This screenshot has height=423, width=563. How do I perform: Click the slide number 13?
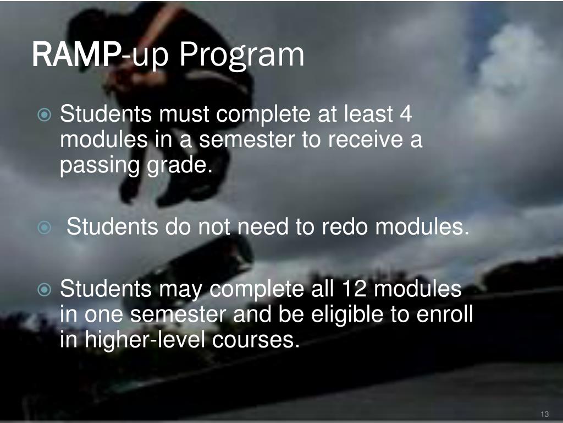[x=545, y=414]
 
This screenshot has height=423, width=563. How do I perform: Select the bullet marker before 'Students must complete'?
[x=46, y=116]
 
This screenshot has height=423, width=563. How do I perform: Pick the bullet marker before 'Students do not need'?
[x=46, y=227]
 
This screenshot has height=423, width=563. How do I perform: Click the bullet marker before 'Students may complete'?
[x=46, y=289]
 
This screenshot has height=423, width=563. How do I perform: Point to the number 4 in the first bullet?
[x=406, y=115]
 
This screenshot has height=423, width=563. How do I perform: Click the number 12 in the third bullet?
[x=354, y=288]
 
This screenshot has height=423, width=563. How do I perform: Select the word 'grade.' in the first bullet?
[x=179, y=165]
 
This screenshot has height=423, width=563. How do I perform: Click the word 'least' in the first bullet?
[x=368, y=115]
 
